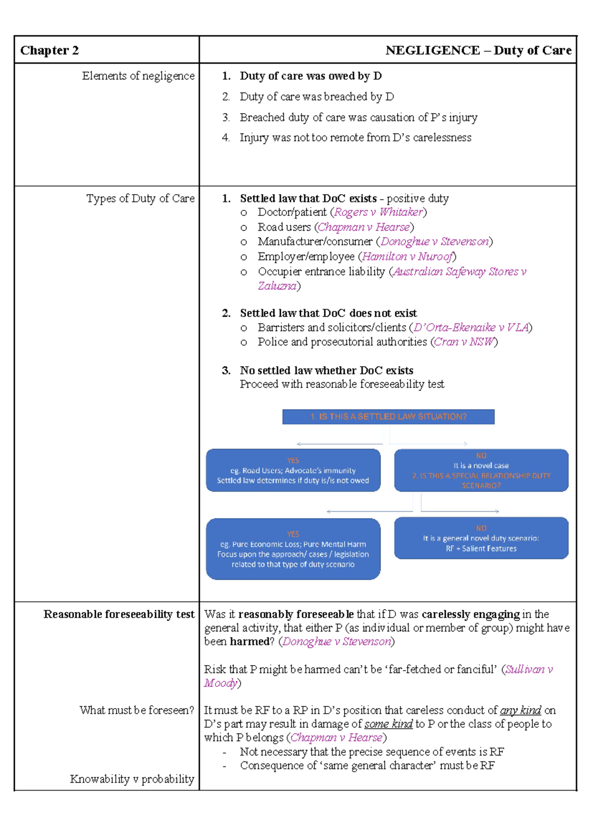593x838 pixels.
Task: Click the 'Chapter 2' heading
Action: click(49, 50)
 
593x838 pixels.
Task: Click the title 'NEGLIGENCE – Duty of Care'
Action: click(478, 50)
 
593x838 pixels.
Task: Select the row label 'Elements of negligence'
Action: click(138, 76)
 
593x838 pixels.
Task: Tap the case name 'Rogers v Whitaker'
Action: click(379, 212)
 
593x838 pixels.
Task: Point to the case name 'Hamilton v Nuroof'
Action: click(407, 256)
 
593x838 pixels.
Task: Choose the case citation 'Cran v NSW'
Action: click(464, 342)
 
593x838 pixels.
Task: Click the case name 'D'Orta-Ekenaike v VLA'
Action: click(471, 328)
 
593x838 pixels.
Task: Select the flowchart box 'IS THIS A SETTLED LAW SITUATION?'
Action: click(388, 417)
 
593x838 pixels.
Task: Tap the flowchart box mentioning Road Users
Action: click(293, 470)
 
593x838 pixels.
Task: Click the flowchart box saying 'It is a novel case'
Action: click(481, 470)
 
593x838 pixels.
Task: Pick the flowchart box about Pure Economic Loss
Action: click(293, 549)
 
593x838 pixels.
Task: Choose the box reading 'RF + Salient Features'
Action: click(481, 539)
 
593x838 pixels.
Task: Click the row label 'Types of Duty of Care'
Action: click(140, 199)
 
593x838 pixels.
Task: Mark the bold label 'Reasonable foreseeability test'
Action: click(119, 614)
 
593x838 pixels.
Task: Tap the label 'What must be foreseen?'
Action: click(137, 710)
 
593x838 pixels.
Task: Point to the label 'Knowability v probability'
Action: click(132, 779)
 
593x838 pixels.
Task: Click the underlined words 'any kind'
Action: click(520, 711)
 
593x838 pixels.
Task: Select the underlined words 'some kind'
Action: click(388, 724)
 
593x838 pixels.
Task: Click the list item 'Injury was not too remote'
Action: click(355, 137)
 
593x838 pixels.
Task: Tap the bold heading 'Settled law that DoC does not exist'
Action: click(328, 313)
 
